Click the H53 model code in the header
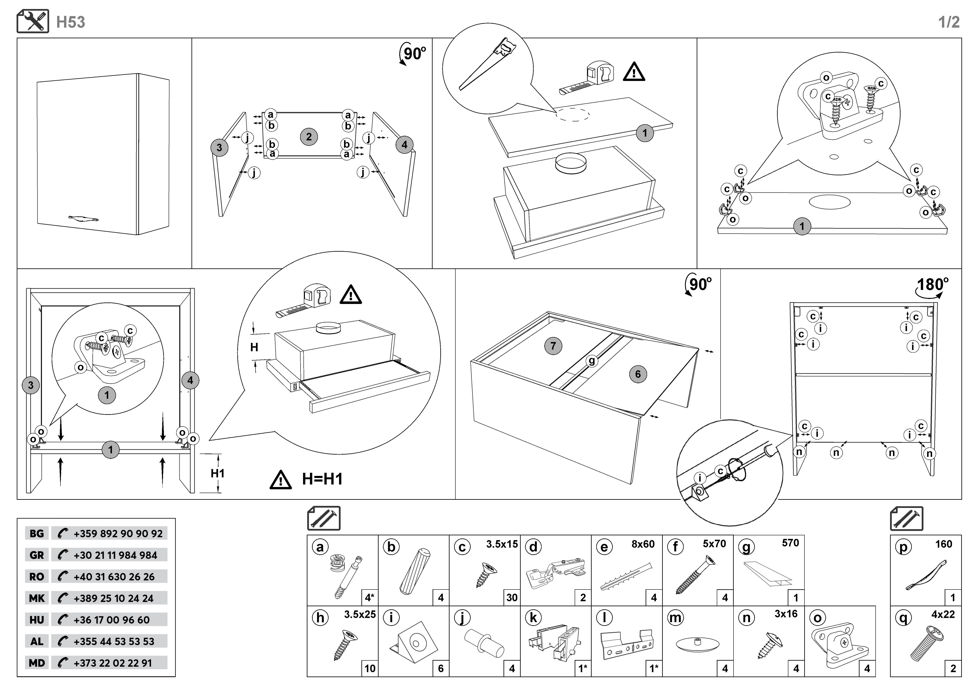pos(71,22)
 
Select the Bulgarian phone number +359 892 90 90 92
pos(118,533)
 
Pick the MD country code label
pos(37,663)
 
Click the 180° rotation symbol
pos(932,286)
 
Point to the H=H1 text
pos(322,479)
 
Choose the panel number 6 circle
pos(638,374)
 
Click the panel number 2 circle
pos(309,137)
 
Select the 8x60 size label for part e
pos(643,544)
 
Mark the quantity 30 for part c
pos(512,597)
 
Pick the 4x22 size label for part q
pos(943,614)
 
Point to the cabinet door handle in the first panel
pos(84,219)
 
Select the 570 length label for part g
pos(790,543)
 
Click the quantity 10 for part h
pos(370,668)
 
